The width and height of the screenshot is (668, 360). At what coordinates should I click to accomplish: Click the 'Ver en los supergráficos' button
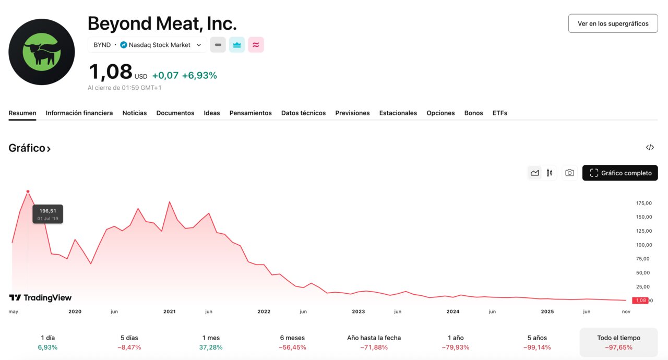(613, 23)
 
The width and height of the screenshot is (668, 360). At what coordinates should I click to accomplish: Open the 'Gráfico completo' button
(620, 173)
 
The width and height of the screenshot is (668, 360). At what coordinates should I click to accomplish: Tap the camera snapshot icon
(569, 173)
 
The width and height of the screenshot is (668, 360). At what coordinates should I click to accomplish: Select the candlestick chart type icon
(550, 173)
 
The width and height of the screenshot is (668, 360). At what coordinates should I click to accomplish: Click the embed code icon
(650, 148)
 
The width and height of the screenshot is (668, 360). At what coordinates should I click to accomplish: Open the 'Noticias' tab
(135, 113)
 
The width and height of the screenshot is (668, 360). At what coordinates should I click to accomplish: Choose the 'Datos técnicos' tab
(303, 113)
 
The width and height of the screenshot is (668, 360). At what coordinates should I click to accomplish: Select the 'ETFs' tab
(499, 113)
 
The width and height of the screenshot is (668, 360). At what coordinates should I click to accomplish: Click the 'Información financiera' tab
(79, 113)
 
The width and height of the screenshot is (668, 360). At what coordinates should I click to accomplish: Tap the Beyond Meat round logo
(42, 52)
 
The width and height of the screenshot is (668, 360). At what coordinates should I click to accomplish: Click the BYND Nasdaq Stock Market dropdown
(147, 45)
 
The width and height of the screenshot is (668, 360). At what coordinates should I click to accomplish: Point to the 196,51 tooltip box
(47, 214)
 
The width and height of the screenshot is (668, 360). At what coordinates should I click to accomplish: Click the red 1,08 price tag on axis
(640, 301)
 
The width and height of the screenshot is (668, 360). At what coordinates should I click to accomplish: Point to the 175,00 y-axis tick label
(644, 203)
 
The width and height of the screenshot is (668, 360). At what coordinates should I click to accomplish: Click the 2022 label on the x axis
(264, 311)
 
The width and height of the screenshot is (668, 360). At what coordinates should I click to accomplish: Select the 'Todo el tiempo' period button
(618, 342)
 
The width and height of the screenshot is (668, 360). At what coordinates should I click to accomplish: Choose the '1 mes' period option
(211, 342)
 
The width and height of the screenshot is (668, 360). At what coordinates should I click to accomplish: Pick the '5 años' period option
(537, 342)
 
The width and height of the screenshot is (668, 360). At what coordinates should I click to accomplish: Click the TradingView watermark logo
(40, 297)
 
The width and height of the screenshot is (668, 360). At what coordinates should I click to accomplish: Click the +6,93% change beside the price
(199, 75)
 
